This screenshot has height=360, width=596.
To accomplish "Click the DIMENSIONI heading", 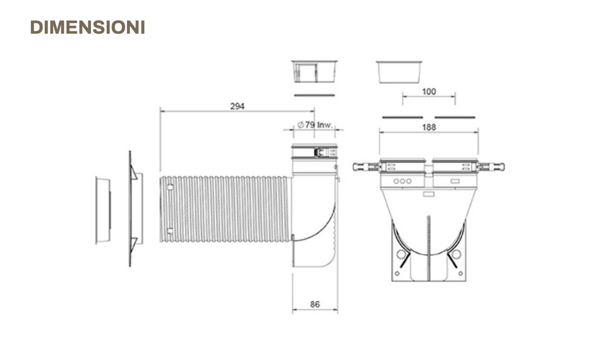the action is pyautogui.click(x=87, y=27).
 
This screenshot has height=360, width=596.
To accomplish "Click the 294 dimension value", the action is pyautogui.click(x=237, y=106).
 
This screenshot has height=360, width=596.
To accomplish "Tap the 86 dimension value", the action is pyautogui.click(x=315, y=304).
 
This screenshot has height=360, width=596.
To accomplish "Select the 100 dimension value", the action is pyautogui.click(x=429, y=91).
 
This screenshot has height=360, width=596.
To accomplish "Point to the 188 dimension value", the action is pyautogui.click(x=429, y=127).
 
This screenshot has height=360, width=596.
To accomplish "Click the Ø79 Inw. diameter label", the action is pyautogui.click(x=315, y=124).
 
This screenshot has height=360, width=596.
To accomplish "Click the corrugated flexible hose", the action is pyautogui.click(x=226, y=208).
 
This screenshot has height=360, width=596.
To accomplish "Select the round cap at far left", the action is pyautogui.click(x=103, y=209).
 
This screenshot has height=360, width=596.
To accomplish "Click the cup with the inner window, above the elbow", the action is pyautogui.click(x=314, y=72).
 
